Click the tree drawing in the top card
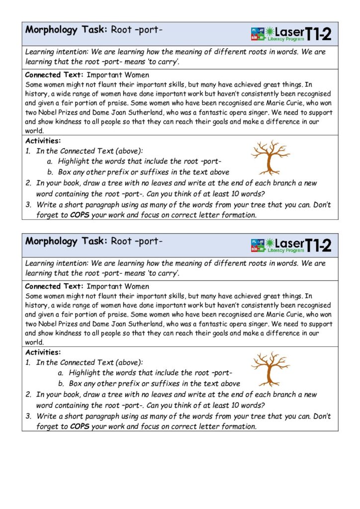pyautogui.click(x=269, y=156)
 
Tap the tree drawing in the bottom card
pyautogui.click(x=270, y=368)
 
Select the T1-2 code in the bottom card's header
pyautogui.click(x=318, y=245)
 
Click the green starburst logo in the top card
pyautogui.click(x=270, y=32)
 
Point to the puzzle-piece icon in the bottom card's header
pyautogui.click(x=258, y=245)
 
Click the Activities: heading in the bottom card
pyautogui.click(x=43, y=352)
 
